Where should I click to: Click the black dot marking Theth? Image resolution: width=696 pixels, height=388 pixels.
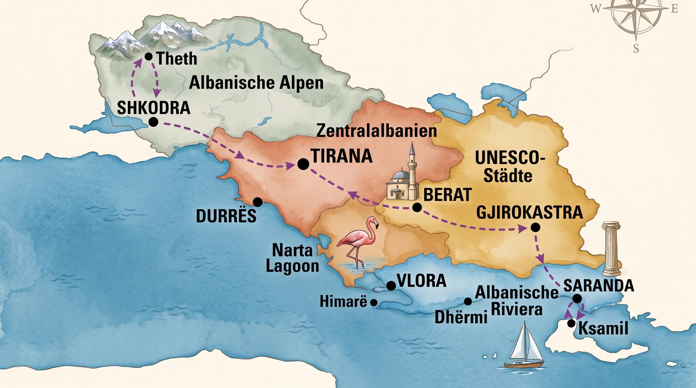(148, 57)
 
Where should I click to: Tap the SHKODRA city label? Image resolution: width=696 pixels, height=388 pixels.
(154, 108)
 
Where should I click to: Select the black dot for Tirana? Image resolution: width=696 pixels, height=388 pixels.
(303, 164)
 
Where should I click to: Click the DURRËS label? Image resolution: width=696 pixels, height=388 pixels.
(226, 216)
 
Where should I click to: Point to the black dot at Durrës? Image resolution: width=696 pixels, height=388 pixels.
(257, 202)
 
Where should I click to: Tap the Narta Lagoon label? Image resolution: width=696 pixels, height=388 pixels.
(292, 258)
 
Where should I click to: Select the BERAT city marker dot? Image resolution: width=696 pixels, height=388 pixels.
(417, 207)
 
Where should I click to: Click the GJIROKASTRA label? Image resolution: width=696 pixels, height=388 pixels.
(529, 213)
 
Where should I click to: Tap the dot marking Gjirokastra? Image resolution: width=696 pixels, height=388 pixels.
(535, 227)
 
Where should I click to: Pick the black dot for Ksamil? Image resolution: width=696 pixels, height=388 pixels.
(571, 323)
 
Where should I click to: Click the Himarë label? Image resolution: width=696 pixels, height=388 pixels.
(343, 301)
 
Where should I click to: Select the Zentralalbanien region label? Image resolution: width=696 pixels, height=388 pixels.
(376, 131)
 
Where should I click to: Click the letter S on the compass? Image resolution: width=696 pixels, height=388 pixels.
(636, 49)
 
